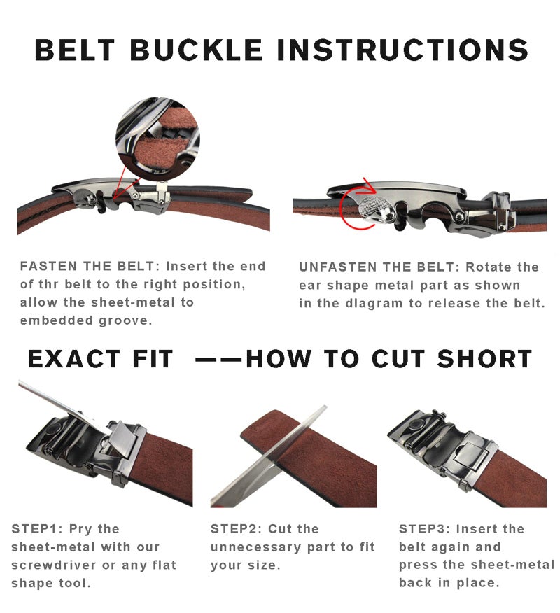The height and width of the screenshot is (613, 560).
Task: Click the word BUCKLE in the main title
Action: pyautogui.click(x=196, y=50)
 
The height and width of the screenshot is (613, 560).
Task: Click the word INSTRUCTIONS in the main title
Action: pyautogui.click(x=402, y=50)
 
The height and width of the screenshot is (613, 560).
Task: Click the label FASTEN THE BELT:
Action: pyautogui.click(x=90, y=266)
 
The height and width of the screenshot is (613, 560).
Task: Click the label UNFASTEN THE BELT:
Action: pyautogui.click(x=379, y=267)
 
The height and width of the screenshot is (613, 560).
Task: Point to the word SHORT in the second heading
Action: pyautogui.click(x=484, y=358)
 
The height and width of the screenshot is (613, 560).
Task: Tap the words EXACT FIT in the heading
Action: pyautogui.click(x=100, y=358)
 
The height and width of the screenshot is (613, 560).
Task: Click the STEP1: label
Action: pyautogui.click(x=37, y=529)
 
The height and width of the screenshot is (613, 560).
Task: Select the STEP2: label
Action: pyautogui.click(x=236, y=529)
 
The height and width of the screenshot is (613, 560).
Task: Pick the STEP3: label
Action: pyautogui.click(x=424, y=529)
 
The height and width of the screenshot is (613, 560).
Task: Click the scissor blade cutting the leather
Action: pyautogui.click(x=269, y=458)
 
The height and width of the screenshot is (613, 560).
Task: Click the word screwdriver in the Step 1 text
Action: pyautogui.click(x=53, y=565)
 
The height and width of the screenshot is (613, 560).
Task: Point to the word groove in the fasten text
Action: pyautogui.click(x=125, y=321)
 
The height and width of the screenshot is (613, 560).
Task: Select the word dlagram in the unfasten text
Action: pyautogui.click(x=374, y=304)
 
